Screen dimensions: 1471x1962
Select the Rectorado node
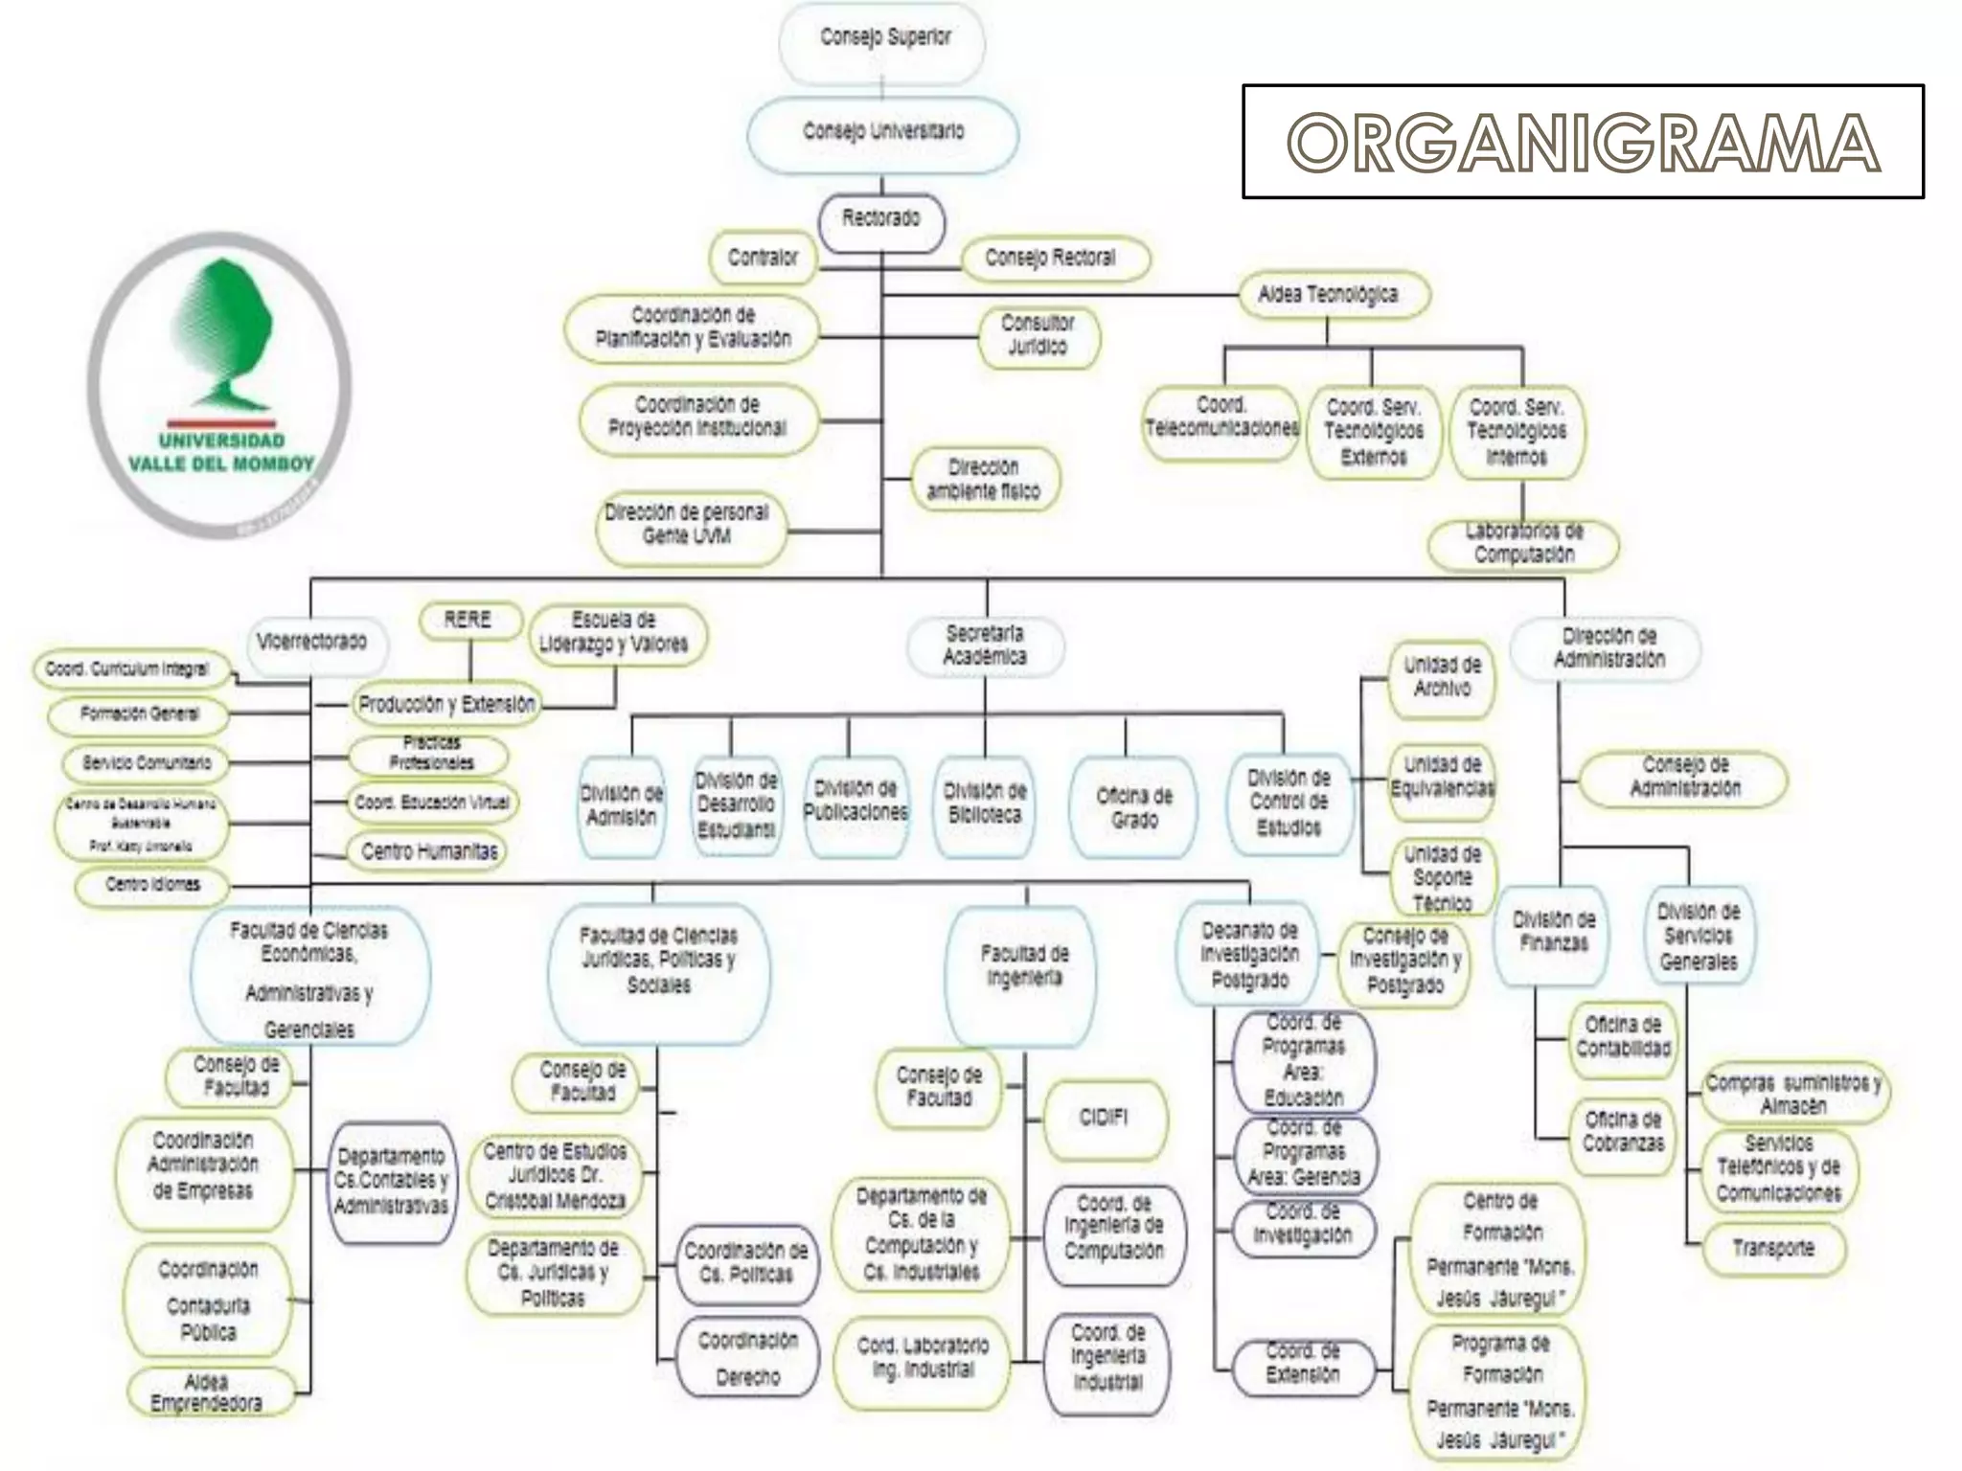click(x=881, y=220)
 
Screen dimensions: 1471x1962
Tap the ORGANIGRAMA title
click(x=1583, y=143)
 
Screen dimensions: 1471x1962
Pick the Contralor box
click(x=763, y=258)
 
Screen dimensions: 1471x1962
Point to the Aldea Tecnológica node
click(x=1328, y=295)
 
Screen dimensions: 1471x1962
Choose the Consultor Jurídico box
click(x=1038, y=336)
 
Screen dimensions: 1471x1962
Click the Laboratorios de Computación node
click(x=1523, y=543)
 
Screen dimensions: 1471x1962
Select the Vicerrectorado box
click(x=311, y=643)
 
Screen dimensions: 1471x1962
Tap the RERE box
click(x=468, y=620)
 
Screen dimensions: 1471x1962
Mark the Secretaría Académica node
click(x=984, y=645)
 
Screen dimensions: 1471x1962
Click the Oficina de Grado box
click(x=1133, y=807)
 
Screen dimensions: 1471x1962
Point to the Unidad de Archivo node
click(x=1442, y=677)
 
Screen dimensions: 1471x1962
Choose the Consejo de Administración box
click(x=1684, y=778)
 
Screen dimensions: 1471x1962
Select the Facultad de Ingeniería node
click(x=1024, y=967)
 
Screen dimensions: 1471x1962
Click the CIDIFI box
click(x=1104, y=1119)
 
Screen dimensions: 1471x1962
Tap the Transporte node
click(x=1772, y=1249)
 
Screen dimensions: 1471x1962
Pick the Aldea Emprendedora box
click(x=207, y=1393)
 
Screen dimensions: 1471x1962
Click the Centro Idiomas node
click(x=152, y=885)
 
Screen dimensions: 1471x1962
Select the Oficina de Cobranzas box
click(x=1623, y=1133)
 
